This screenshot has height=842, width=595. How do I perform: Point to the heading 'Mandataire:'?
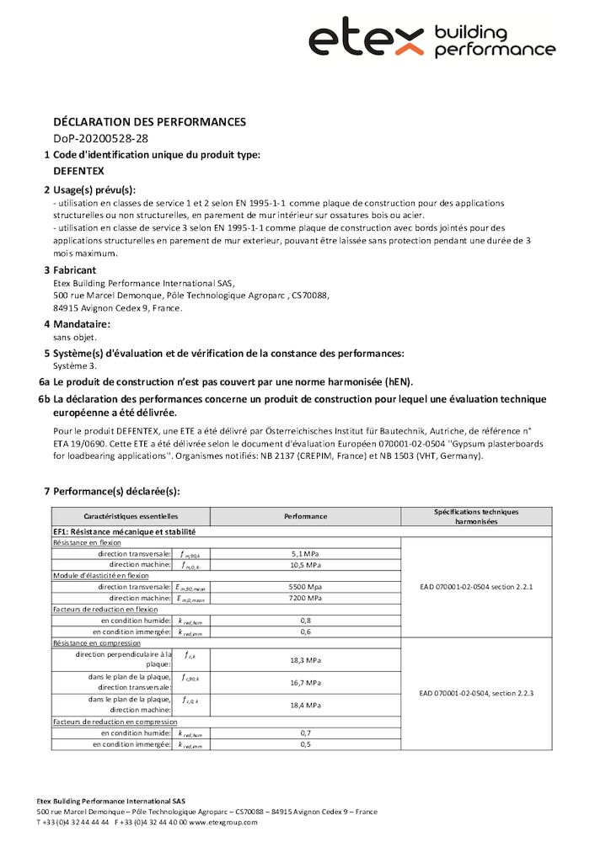(82, 324)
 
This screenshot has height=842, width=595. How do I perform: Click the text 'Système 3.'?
(75, 365)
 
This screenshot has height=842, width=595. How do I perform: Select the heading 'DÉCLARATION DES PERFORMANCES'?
(149, 122)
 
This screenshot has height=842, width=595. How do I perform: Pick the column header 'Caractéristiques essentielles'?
(131, 515)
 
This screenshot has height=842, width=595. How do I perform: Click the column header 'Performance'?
(305, 515)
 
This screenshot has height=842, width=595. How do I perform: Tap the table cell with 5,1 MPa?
(305, 554)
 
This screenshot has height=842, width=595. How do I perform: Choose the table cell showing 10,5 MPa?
(305, 565)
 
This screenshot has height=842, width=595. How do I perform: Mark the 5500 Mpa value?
(305, 587)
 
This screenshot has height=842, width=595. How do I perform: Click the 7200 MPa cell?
(305, 598)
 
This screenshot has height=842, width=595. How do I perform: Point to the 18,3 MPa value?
(305, 660)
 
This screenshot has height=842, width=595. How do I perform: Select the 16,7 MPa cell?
(305, 683)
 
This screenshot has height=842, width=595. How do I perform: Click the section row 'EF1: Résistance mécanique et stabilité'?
(125, 532)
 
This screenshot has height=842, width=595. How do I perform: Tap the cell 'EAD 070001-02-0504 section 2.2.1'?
(476, 586)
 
